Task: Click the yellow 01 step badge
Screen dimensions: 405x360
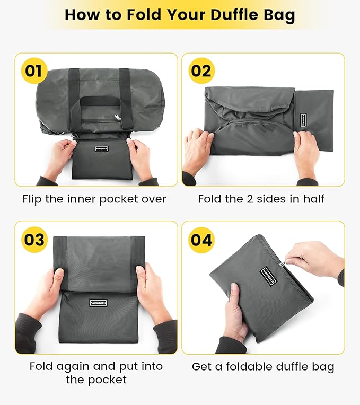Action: click(x=33, y=71)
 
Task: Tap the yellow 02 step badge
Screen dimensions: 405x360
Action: click(x=201, y=71)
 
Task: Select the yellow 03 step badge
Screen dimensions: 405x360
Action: click(x=34, y=239)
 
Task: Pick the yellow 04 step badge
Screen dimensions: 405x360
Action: click(x=201, y=240)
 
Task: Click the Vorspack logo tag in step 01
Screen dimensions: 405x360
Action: click(x=102, y=149)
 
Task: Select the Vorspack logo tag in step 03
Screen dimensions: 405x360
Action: click(x=98, y=303)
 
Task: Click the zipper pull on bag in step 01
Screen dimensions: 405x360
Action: click(x=118, y=117)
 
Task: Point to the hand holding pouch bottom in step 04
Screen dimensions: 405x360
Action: click(x=236, y=313)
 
